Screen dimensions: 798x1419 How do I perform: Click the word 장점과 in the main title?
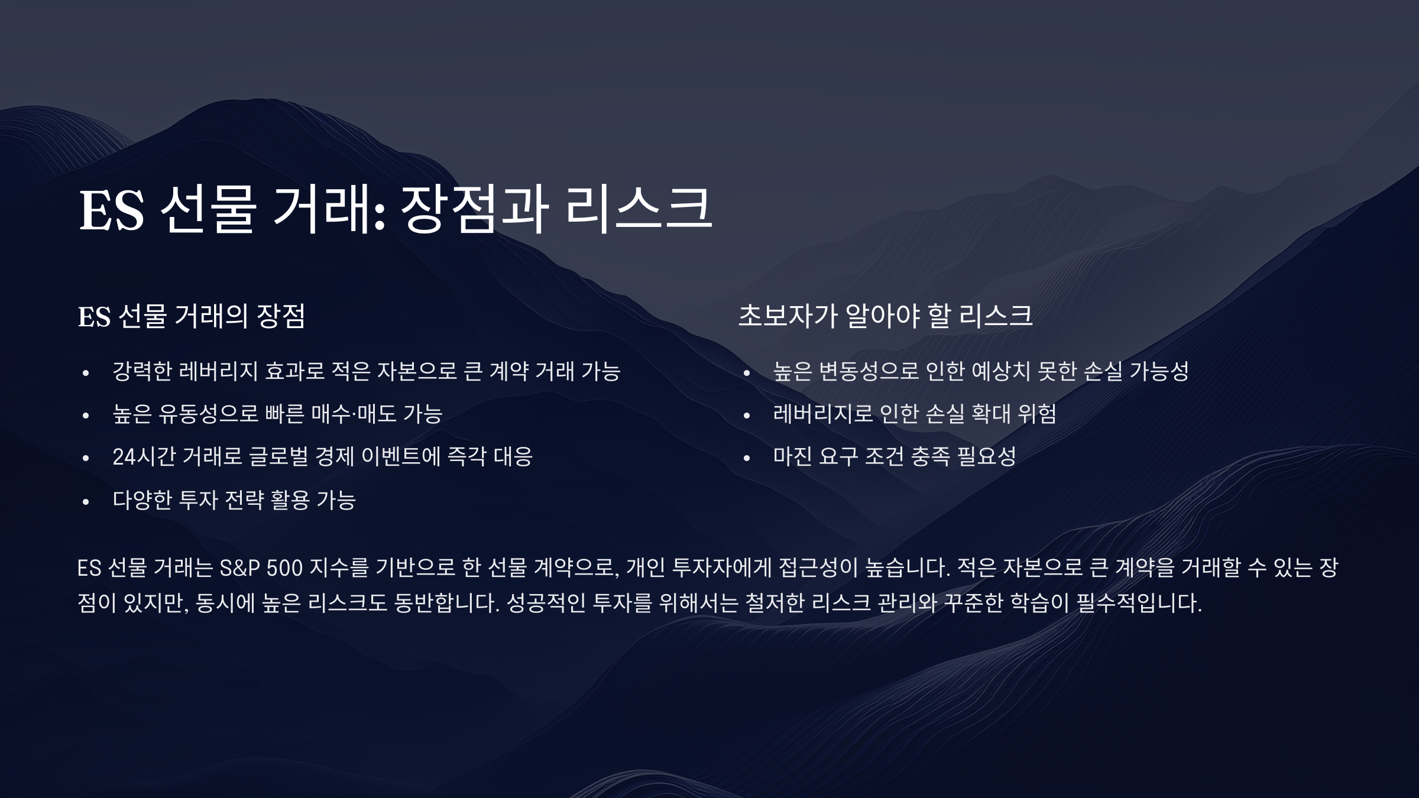[475, 210]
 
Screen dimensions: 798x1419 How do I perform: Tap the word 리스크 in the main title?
[639, 210]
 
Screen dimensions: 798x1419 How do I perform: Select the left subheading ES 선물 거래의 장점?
[192, 316]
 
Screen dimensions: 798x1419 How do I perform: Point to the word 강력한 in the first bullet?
[142, 371]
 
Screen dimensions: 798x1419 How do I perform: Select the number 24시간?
[144, 456]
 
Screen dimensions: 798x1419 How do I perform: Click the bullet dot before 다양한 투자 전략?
[86, 502]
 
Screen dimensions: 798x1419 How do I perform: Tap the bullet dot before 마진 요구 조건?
[747, 458]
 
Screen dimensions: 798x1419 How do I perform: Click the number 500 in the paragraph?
[284, 568]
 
